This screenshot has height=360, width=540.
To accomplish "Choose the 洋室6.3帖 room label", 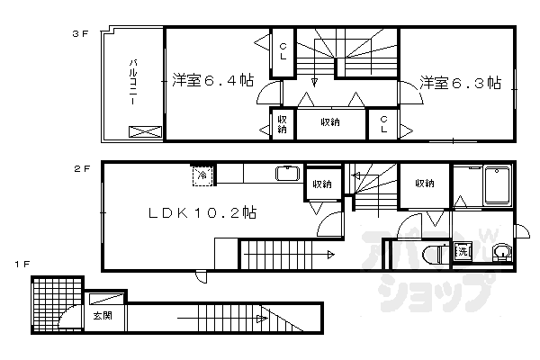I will coord(458,84).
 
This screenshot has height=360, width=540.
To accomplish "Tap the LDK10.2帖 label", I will coord(203,213).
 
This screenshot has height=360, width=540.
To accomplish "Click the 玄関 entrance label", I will coord(102,316).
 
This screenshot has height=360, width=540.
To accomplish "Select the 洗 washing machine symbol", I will coord(463,251).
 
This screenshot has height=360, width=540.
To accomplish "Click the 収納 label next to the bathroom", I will coord(425,184).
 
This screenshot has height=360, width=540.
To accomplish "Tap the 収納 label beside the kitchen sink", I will coord(320,184).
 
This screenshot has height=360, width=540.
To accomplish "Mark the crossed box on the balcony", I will coord(143,131).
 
